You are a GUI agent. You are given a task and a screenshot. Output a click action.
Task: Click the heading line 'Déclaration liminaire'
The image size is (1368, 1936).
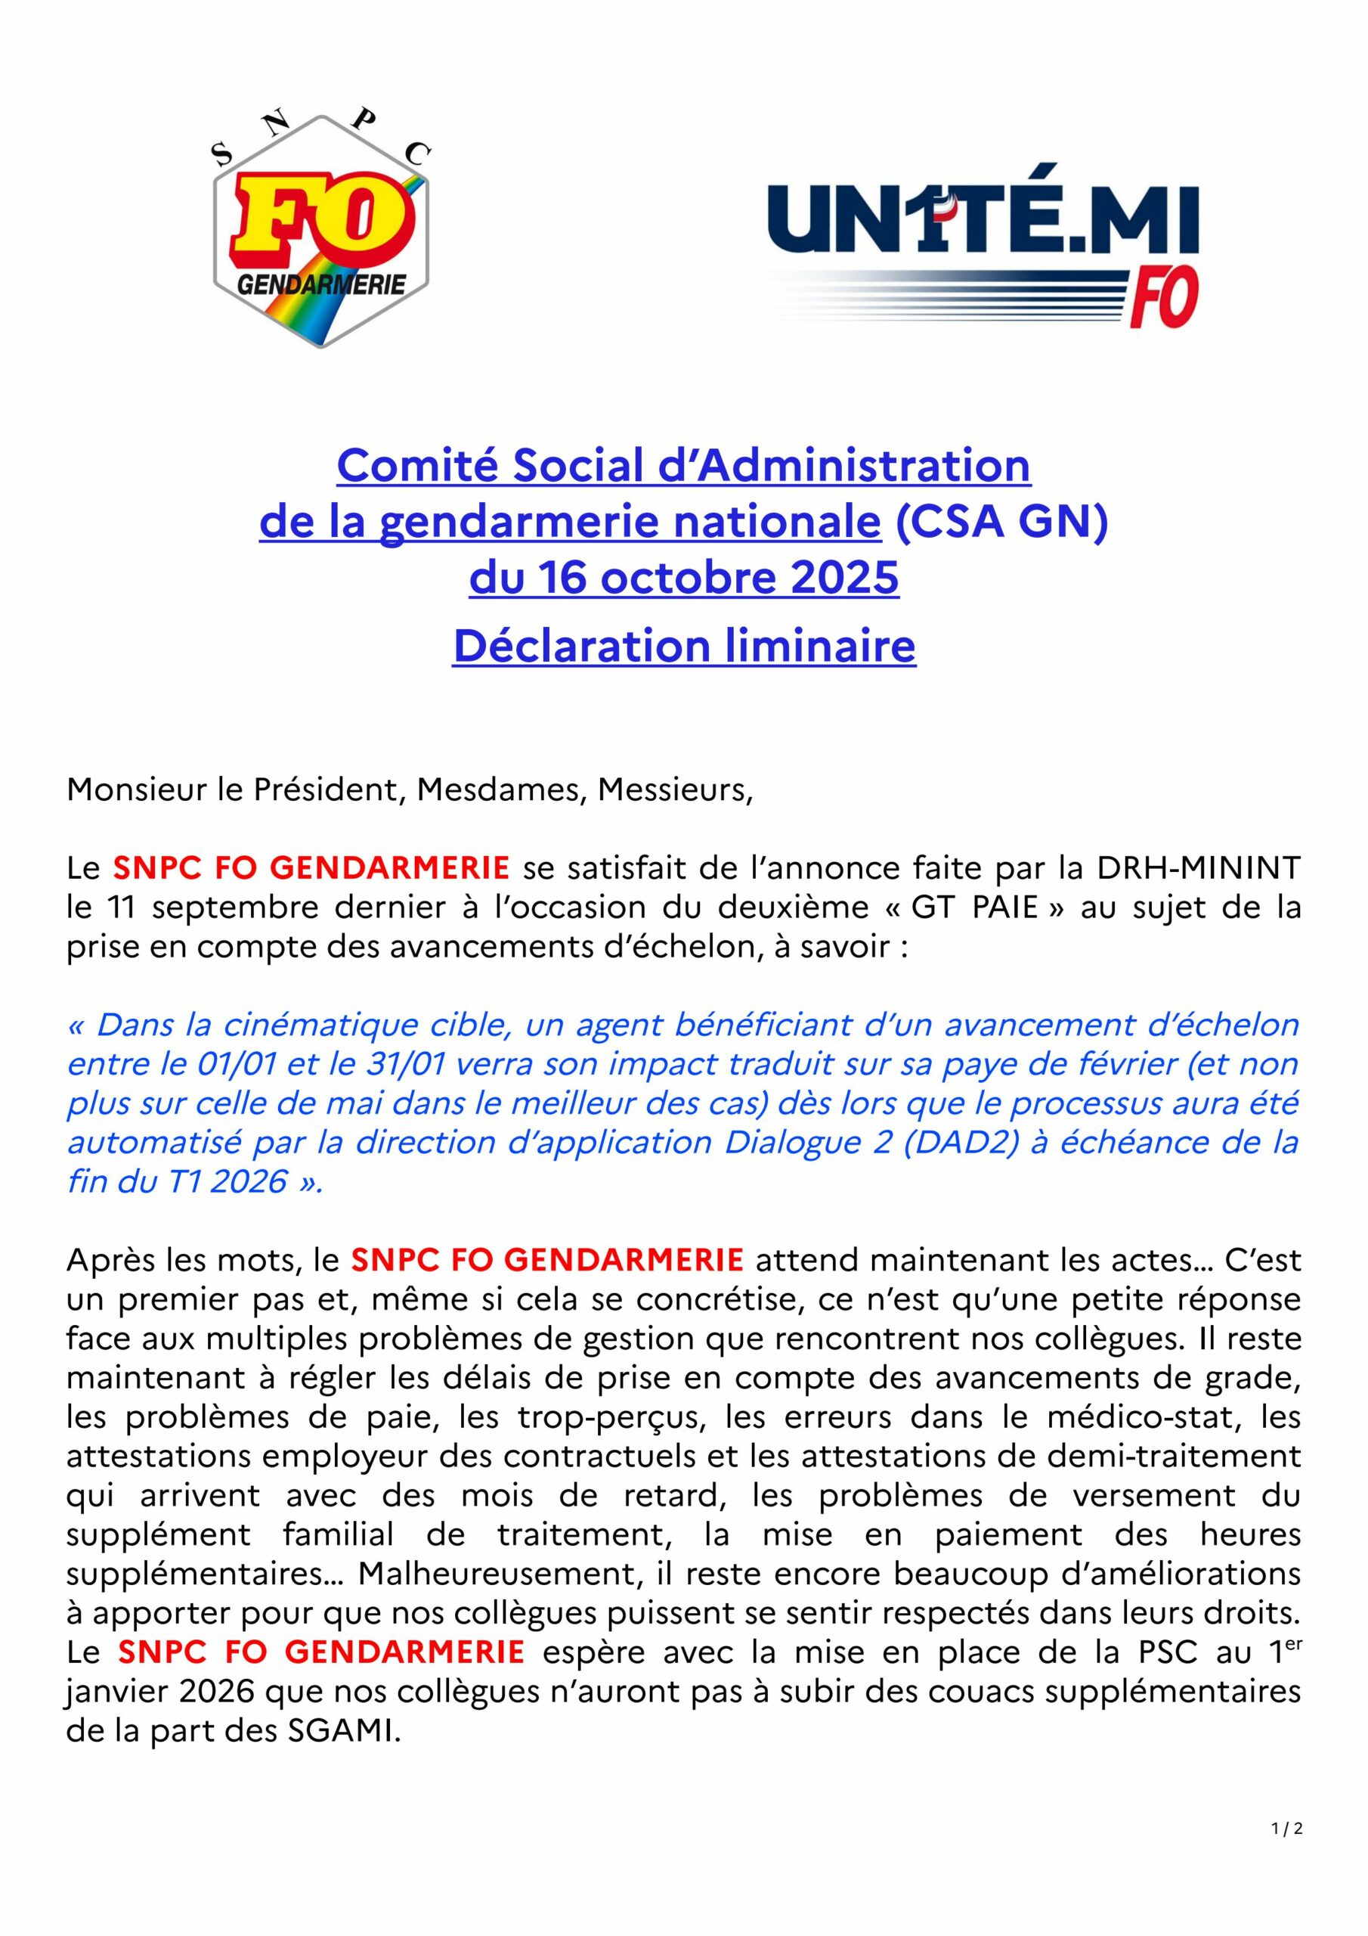pyautogui.click(x=683, y=646)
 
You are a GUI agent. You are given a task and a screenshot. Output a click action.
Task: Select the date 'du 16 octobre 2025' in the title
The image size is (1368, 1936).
pyautogui.click(x=683, y=578)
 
